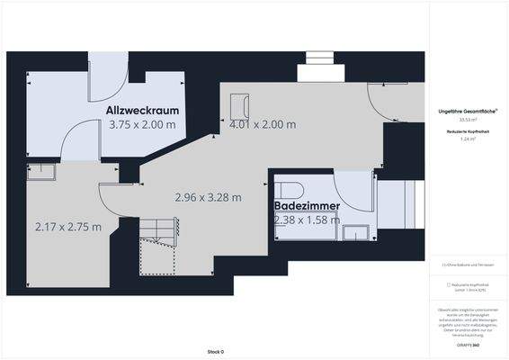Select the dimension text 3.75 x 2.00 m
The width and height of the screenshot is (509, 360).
[x=142, y=125]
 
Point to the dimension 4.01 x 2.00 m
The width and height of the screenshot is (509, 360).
[x=263, y=125]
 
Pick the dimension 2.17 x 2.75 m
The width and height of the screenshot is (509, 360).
[x=67, y=226]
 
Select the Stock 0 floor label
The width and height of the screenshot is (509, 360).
[x=215, y=351]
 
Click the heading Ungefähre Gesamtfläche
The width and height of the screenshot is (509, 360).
[x=469, y=110]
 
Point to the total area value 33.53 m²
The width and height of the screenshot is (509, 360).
[x=469, y=119]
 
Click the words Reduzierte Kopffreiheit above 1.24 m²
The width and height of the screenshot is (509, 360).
[x=469, y=131]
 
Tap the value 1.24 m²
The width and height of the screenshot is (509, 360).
[x=469, y=139]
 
